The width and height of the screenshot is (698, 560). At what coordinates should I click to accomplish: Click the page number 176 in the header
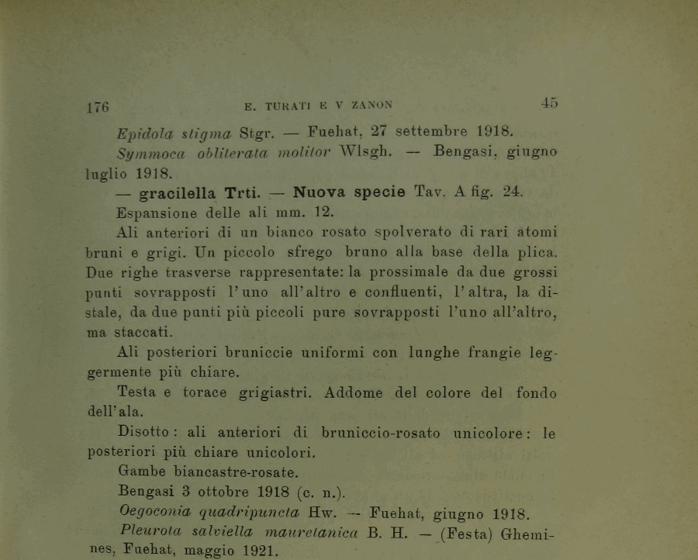click(97, 106)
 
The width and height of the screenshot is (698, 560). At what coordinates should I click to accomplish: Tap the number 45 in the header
click(549, 102)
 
